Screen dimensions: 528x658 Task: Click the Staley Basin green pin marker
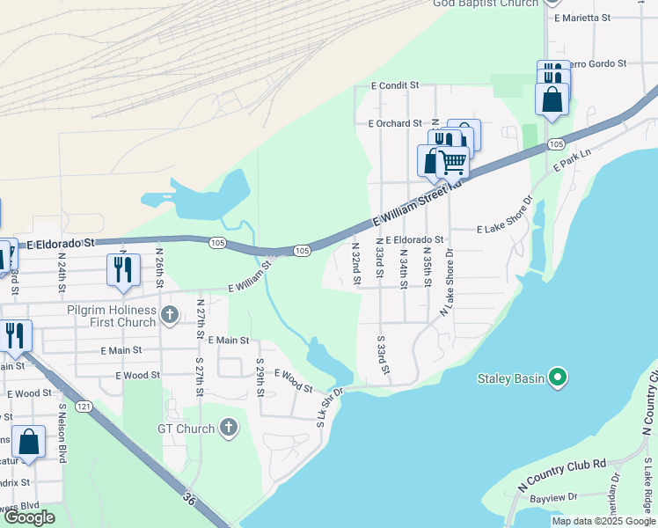(x=557, y=378)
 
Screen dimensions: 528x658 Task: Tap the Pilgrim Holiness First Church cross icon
(x=170, y=313)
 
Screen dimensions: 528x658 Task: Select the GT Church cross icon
(x=228, y=429)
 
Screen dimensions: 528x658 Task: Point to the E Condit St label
(x=398, y=86)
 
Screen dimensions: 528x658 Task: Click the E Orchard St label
(x=395, y=124)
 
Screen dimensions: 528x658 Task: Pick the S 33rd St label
(x=383, y=354)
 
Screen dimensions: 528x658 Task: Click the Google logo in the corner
(x=29, y=517)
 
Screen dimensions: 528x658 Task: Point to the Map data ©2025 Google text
(x=603, y=521)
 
